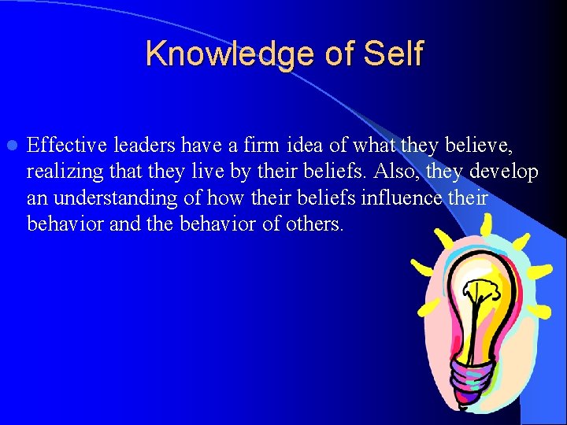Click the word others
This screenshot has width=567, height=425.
tap(316, 224)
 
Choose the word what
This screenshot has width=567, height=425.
tap(376, 145)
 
